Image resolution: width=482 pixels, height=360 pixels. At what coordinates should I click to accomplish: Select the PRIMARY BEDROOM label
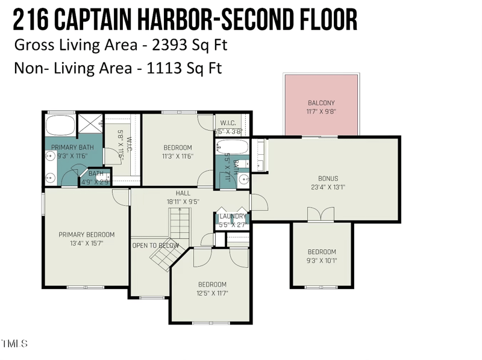tap(86, 235)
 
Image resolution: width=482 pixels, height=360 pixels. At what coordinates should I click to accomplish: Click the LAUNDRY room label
tap(233, 216)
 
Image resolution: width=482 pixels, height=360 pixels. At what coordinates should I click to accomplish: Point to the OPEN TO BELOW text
tap(155, 246)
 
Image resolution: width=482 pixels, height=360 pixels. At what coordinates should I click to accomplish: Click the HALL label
tap(183, 193)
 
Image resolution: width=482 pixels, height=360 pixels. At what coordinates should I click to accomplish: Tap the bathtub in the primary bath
tap(60, 125)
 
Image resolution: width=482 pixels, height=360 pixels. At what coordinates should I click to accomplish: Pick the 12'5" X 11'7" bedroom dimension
tap(212, 294)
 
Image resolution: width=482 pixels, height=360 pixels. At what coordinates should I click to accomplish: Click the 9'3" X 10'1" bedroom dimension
tap(322, 261)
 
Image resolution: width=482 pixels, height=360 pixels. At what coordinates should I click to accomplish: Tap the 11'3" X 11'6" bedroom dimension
tap(178, 157)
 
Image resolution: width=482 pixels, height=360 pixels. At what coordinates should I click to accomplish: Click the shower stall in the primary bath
tap(91, 125)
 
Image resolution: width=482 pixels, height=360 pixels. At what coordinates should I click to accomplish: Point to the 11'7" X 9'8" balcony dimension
tap(321, 111)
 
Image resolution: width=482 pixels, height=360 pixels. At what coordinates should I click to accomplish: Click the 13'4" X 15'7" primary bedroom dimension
tap(86, 243)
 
